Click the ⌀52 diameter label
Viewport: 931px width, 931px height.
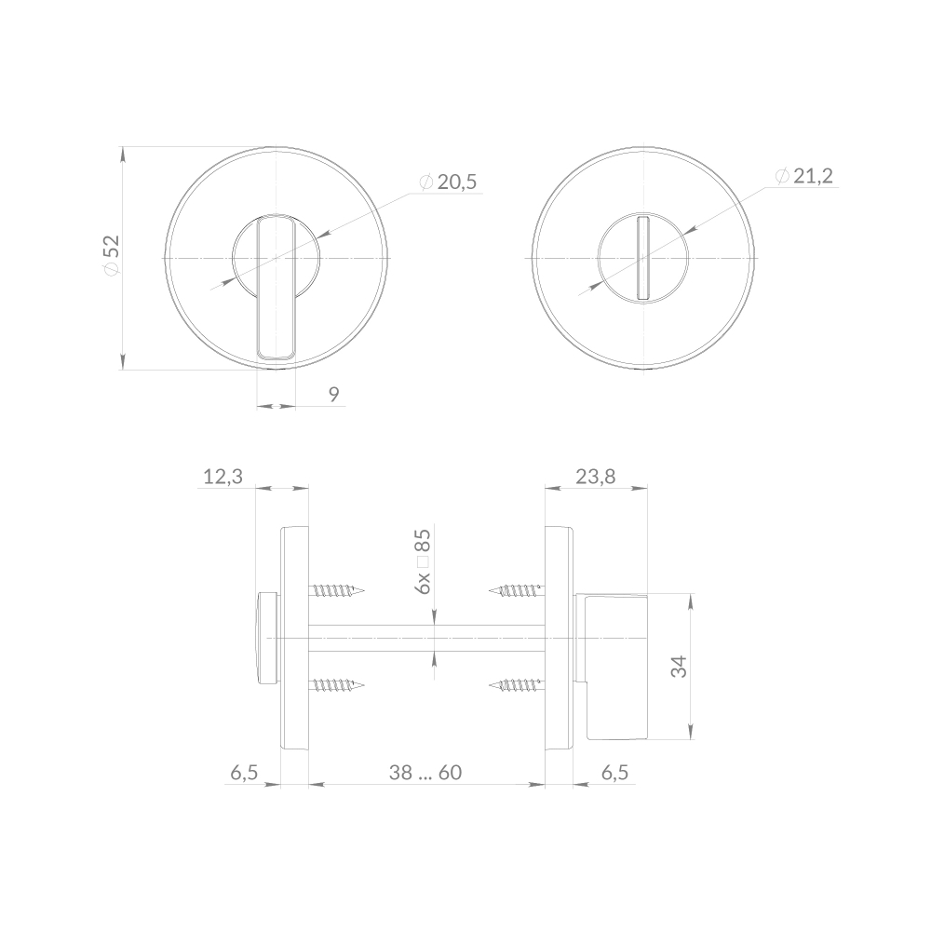111,254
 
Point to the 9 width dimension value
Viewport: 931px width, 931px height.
333,394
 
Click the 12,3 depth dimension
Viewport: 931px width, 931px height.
223,477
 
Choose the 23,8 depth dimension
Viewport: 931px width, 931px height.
595,477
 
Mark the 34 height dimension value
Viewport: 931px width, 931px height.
679,667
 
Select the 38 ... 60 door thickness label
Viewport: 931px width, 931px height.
425,772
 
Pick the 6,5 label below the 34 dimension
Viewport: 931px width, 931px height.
615,772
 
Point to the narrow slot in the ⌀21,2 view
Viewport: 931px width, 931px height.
641,257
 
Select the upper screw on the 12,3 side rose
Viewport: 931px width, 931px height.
335,590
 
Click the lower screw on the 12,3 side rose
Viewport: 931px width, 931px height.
335,686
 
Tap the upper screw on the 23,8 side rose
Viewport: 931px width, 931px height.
516,589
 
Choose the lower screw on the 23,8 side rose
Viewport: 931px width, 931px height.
516,686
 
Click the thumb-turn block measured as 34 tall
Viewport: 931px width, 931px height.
614,665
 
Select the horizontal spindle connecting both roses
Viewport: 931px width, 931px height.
425,638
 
